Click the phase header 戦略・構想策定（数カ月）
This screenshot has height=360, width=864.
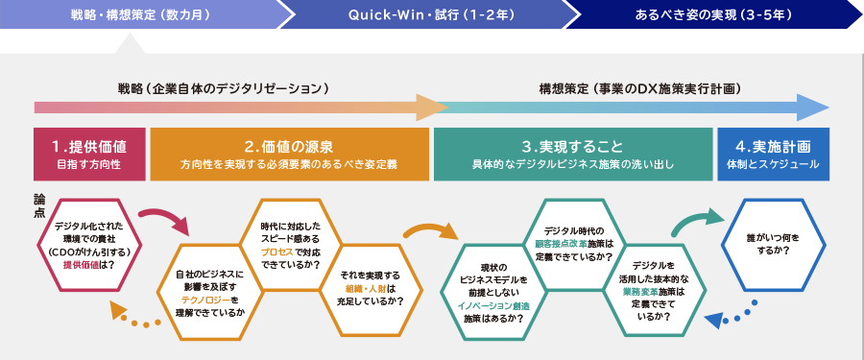tap(140, 14)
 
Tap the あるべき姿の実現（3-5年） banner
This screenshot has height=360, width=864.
tap(713, 14)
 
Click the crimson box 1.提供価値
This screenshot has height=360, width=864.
tap(90, 155)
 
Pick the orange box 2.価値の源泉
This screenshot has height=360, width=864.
tap(289, 155)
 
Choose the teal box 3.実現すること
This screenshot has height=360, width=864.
tap(573, 155)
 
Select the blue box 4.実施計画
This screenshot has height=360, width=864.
tap(773, 155)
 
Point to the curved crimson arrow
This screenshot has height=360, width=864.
tap(166, 216)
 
